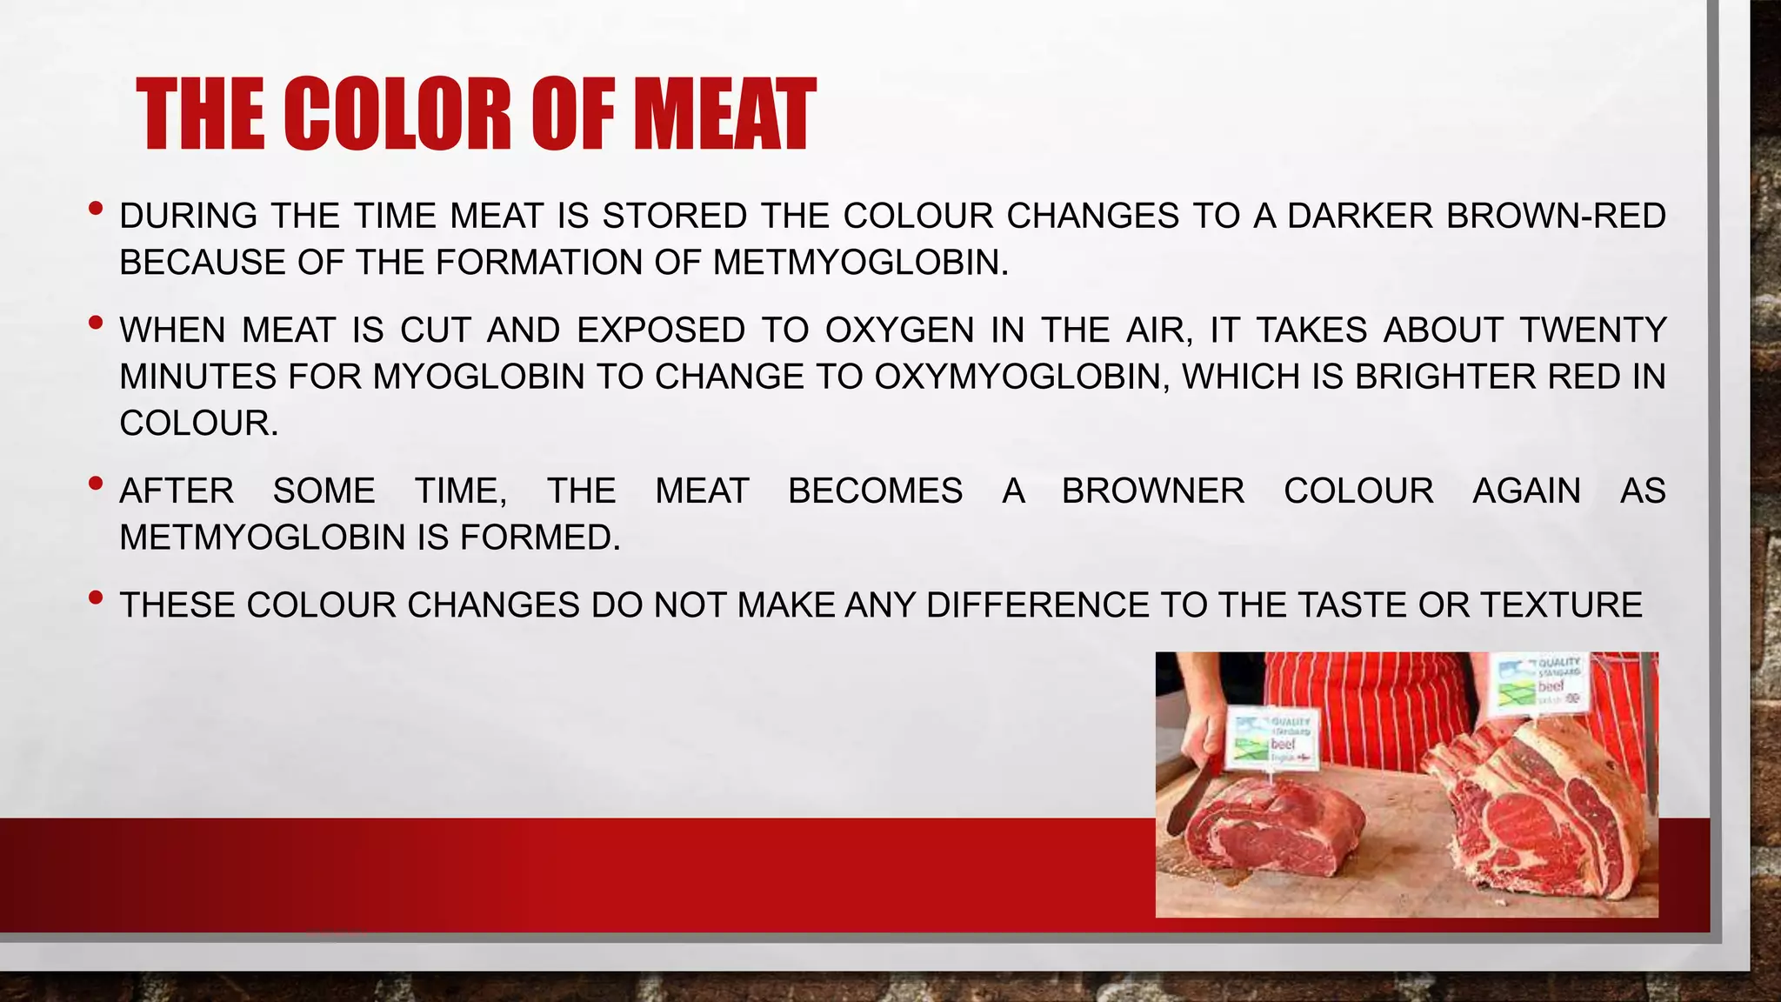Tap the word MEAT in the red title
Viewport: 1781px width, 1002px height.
pos(725,115)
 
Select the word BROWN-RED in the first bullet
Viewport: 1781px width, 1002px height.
pos(1556,217)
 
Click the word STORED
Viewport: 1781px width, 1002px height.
pos(675,217)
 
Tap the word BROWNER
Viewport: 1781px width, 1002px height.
pos(1153,491)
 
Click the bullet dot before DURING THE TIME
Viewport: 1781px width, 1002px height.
pos(96,209)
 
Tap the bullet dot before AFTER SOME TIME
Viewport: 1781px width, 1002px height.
pos(96,484)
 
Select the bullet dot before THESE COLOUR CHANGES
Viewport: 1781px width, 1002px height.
pos(96,598)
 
